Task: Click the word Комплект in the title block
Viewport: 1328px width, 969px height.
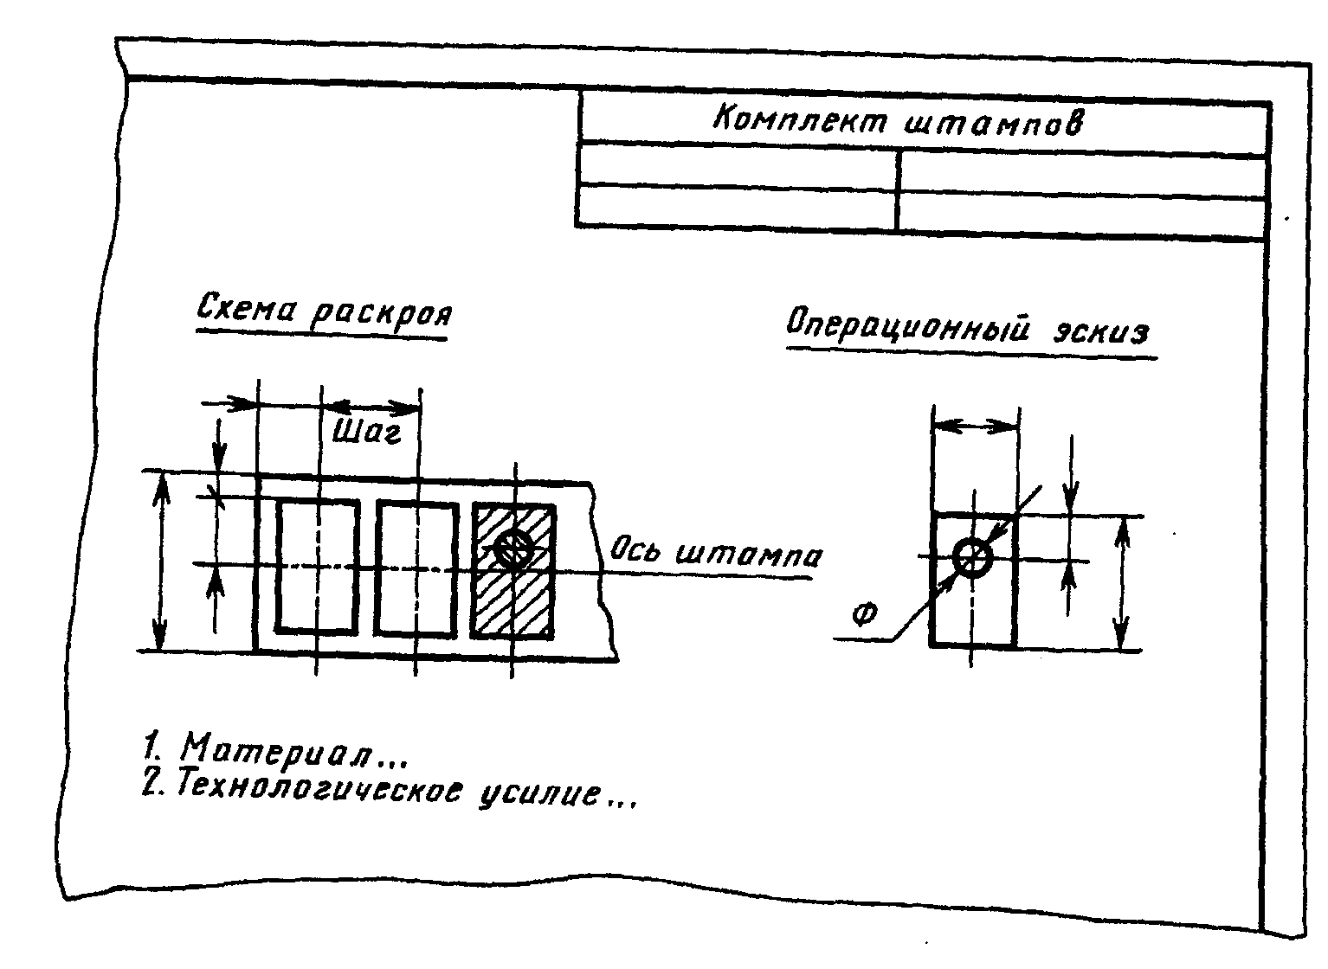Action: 800,120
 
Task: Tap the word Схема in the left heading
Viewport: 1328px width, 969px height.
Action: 246,307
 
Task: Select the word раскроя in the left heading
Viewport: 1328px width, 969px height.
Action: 381,312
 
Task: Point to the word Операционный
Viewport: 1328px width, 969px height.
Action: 909,330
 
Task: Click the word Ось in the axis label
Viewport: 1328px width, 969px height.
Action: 638,548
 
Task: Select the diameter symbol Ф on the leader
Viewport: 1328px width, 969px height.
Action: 863,615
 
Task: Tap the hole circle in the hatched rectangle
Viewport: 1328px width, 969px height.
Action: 514,548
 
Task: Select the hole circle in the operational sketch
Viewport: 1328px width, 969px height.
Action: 973,557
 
